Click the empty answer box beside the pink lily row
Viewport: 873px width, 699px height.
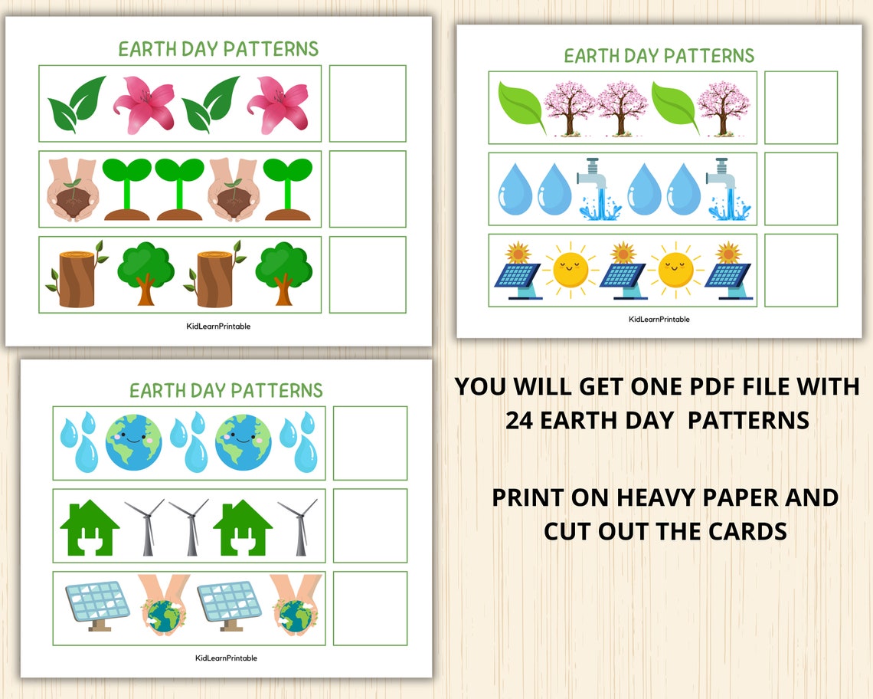[x=367, y=103]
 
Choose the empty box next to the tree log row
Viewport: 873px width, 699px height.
[x=367, y=274]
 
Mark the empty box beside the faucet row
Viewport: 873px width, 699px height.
[x=800, y=189]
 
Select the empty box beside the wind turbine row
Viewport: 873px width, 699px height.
[x=370, y=526]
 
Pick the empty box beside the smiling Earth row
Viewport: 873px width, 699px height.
[x=370, y=443]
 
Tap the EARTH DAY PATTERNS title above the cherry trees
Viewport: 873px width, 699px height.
[x=659, y=56]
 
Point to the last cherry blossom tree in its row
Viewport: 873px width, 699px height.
[x=724, y=107]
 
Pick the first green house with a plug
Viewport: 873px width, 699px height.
[x=90, y=527]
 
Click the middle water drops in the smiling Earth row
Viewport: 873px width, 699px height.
[x=188, y=443]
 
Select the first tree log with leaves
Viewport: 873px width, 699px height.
[x=75, y=274]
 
